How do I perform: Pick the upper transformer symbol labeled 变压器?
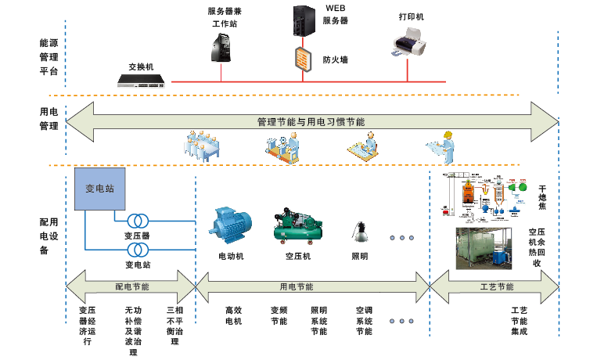(138, 220)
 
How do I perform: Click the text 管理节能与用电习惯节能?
(311, 122)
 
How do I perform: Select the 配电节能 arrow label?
(131, 287)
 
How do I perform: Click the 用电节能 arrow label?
(296, 287)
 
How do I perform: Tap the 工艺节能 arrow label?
(495, 287)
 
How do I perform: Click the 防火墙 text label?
(335, 59)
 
